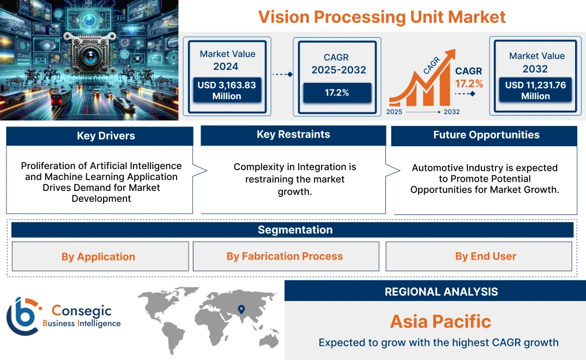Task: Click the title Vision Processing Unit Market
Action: (382, 16)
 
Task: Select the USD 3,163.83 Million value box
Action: (226, 91)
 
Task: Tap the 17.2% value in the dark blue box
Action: (337, 93)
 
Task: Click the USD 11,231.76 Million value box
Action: (535, 91)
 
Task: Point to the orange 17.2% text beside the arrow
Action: (469, 83)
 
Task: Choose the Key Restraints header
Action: (293, 135)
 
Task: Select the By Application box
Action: (98, 256)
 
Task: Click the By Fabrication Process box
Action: (285, 256)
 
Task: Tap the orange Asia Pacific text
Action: (440, 321)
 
